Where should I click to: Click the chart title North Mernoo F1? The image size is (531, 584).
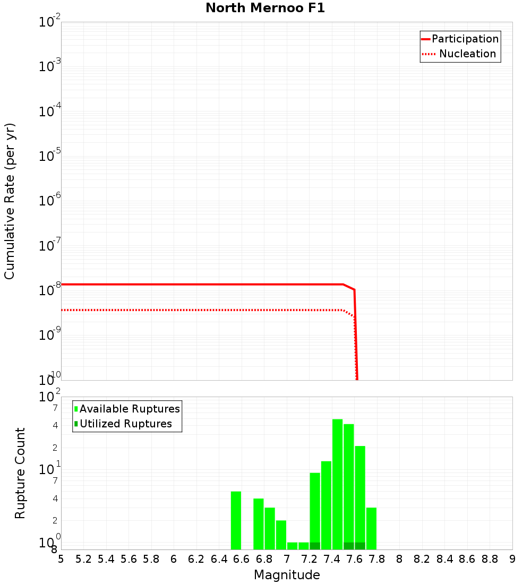tap(265, 8)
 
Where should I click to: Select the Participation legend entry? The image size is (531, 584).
tap(465, 39)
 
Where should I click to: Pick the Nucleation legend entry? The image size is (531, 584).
tap(467, 54)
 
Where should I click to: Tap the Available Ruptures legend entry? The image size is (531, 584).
tap(130, 409)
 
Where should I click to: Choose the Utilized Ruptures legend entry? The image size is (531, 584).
tap(125, 424)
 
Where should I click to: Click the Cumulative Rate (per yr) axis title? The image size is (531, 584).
tap(10, 201)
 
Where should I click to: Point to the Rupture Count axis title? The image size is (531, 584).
tap(20, 473)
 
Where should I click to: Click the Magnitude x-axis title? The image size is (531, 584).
tap(287, 575)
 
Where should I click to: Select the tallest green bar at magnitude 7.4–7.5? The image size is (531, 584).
tap(337, 484)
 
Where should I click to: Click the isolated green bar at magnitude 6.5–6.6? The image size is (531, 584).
tap(236, 520)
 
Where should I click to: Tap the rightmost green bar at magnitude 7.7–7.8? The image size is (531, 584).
tap(371, 528)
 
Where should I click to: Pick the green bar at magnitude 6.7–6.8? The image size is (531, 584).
tap(259, 524)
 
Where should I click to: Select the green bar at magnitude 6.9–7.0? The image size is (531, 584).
tap(281, 535)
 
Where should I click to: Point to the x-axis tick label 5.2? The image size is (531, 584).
tap(83, 559)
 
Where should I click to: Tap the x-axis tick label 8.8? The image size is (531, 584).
tap(490, 559)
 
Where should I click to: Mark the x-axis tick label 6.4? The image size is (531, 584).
tap(219, 559)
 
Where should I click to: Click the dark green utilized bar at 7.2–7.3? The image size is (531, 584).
tap(315, 546)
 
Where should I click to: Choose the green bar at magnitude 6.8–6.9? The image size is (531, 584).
tap(270, 528)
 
